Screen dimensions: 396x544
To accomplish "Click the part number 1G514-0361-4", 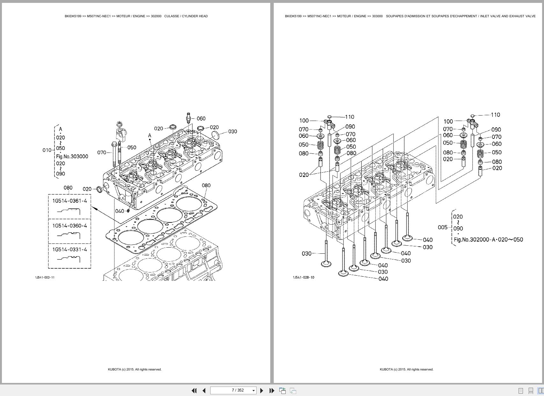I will (69, 201).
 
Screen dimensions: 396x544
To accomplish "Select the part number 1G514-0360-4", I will (69, 226).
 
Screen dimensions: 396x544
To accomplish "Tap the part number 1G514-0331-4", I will (69, 250).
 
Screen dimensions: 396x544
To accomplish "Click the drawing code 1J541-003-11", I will (45, 277).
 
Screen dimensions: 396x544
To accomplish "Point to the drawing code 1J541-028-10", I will (303, 277).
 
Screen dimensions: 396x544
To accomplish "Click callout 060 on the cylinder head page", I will (201, 119).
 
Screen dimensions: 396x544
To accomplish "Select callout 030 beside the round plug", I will (233, 131).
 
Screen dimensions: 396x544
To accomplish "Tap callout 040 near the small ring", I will (120, 211).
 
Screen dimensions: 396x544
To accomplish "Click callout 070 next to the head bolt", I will (102, 153).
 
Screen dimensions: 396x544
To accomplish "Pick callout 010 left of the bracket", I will (47, 150).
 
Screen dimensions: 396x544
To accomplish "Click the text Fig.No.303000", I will (72, 157).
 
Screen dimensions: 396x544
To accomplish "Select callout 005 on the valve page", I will (443, 228).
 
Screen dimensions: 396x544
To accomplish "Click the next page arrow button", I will (262, 391).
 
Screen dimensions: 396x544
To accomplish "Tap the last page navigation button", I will (272, 391).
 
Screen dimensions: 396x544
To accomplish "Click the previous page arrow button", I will (204, 391).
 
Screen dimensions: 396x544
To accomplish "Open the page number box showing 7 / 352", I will (233, 390).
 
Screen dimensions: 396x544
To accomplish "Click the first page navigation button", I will (194, 391).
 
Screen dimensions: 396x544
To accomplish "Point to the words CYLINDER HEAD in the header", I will (195, 16).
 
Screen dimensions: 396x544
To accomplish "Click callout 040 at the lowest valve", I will (383, 279).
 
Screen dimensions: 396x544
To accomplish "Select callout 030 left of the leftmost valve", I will (307, 254).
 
